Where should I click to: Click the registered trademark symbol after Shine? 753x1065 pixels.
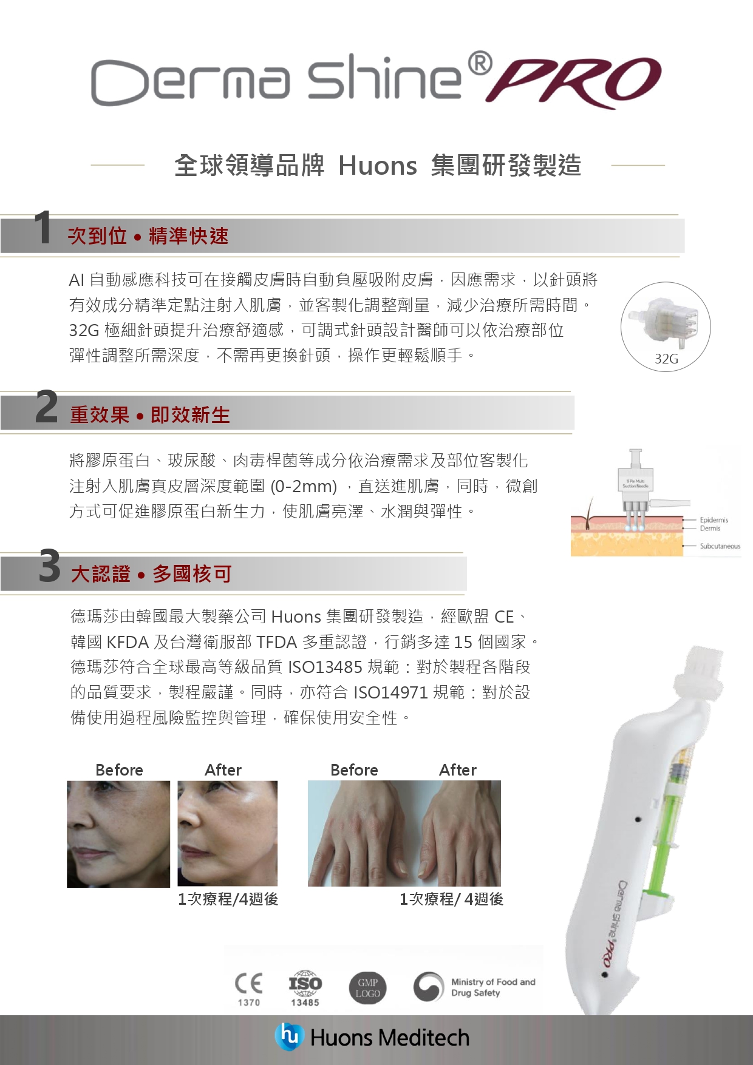coord(480,63)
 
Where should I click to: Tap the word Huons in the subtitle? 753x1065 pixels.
coord(378,166)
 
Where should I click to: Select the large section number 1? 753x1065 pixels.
coord(43,228)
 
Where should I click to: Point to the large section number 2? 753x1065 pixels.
coord(47,407)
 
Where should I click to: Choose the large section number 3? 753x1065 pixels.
coord(50,566)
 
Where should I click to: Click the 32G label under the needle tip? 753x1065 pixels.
coord(666,359)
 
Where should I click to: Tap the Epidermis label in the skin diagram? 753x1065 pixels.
coord(714,520)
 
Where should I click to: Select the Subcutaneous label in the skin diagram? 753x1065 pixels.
coord(720,546)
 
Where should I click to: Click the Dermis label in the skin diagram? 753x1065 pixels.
coord(710,529)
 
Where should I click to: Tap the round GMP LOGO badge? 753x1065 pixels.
coord(368,988)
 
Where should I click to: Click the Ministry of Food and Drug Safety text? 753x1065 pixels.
coord(493,987)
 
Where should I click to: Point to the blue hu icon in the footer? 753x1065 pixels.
coord(289,1036)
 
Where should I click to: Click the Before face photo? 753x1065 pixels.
coord(118,834)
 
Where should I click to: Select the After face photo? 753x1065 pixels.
coord(227,833)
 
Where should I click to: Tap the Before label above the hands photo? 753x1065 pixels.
coord(354,770)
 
